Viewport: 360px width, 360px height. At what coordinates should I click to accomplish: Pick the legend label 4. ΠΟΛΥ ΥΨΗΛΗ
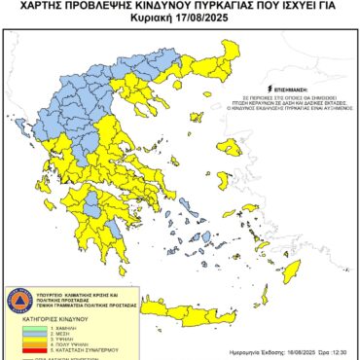71,344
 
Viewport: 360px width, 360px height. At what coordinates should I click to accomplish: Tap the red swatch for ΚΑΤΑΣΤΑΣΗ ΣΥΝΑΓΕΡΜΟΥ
28,350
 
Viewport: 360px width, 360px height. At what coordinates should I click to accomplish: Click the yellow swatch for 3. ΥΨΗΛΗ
28,339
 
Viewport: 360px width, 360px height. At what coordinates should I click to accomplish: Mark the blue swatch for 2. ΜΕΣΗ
28,333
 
